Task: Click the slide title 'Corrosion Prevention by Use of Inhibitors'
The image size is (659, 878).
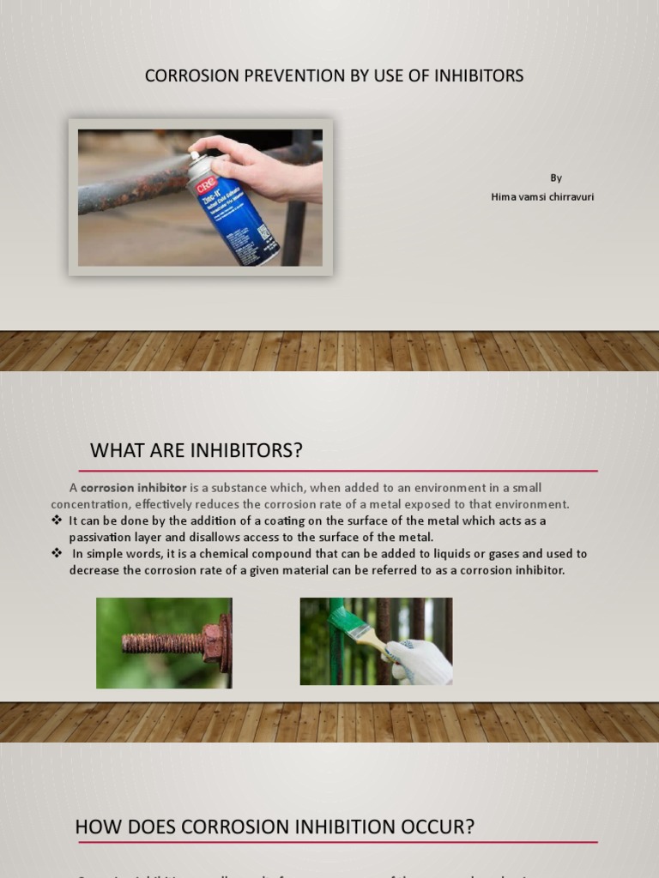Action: tap(334, 76)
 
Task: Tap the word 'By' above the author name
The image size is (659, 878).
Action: tap(556, 178)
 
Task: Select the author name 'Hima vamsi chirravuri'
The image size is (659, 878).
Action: tap(542, 197)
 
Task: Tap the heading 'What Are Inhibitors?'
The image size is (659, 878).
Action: tap(196, 451)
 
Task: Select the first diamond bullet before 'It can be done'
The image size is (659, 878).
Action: tap(57, 521)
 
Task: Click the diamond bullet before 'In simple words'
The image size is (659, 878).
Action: tap(57, 554)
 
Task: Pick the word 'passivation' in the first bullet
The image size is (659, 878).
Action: tap(102, 538)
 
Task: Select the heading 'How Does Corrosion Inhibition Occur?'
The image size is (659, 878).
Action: tap(275, 827)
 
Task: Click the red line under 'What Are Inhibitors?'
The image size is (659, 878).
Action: tap(338, 471)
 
